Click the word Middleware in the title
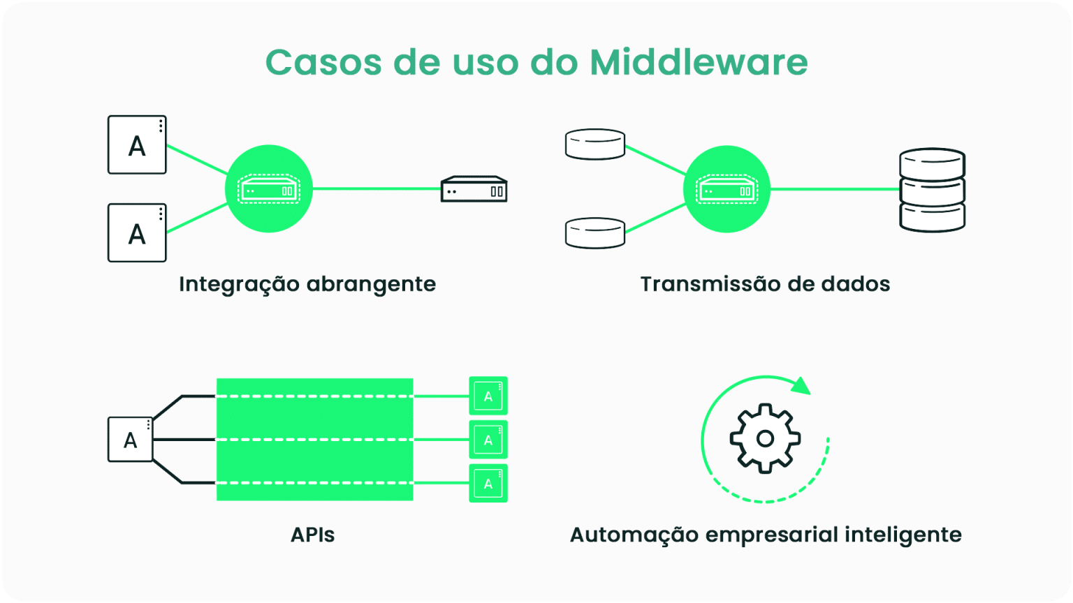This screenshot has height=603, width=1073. tap(699, 62)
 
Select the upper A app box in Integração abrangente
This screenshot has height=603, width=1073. tap(137, 144)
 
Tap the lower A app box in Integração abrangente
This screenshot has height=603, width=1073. tap(137, 232)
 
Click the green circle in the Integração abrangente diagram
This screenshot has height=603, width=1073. tap(269, 188)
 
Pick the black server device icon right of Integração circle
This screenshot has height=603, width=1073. tap(474, 189)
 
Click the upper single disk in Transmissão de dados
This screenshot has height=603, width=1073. tap(594, 144)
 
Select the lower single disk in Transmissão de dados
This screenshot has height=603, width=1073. tap(594, 233)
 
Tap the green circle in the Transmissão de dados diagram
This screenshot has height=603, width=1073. tap(727, 188)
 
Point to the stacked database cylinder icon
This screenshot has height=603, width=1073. tap(932, 190)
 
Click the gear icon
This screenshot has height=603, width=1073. tap(765, 438)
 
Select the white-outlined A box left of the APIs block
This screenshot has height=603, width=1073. tap(131, 440)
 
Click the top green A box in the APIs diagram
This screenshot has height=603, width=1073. tap(488, 396)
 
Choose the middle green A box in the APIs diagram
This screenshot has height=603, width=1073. tap(488, 440)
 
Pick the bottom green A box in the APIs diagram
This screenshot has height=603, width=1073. tap(488, 483)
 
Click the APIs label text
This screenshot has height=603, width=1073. tap(312, 535)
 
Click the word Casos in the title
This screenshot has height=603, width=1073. tap(323, 62)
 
